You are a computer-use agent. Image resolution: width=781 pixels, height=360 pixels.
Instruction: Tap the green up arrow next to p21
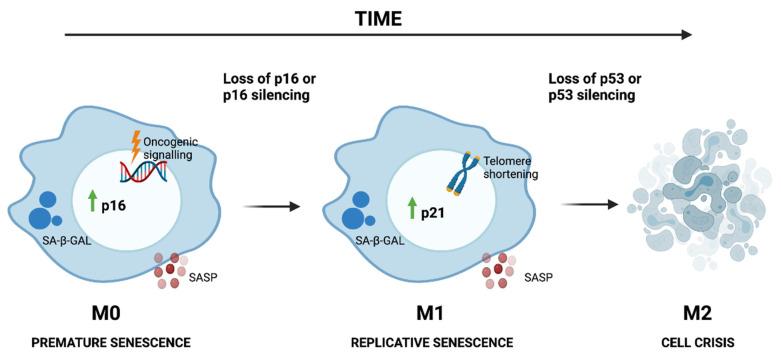[411, 209]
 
